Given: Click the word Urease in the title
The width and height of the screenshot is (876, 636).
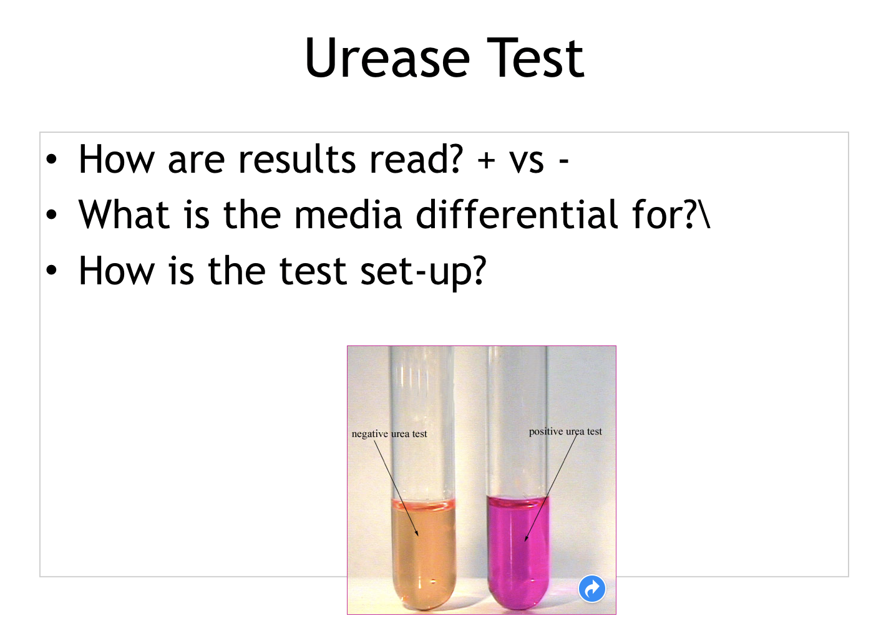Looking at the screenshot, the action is tap(387, 57).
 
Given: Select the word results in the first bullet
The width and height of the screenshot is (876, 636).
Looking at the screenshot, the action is tap(297, 159).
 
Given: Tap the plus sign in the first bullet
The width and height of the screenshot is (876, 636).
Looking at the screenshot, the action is tap(487, 161).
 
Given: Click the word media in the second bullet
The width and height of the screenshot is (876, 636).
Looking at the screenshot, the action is tap(348, 214).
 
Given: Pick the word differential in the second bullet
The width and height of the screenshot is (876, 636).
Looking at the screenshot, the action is tap(517, 214).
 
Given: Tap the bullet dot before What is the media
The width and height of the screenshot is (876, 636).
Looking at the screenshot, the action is tap(51, 214).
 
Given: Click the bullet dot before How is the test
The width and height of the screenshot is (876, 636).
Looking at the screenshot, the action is tap(51, 270).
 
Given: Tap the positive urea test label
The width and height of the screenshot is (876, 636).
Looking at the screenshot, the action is tap(565, 432).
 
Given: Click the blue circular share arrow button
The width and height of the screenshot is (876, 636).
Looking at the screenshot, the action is tap(591, 589).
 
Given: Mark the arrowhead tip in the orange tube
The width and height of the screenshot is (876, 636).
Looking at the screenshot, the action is tap(418, 536).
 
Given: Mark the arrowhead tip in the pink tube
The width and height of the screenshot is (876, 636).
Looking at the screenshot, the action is tap(525, 541).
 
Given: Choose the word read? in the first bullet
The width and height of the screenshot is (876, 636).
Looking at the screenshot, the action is tap(417, 159).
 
